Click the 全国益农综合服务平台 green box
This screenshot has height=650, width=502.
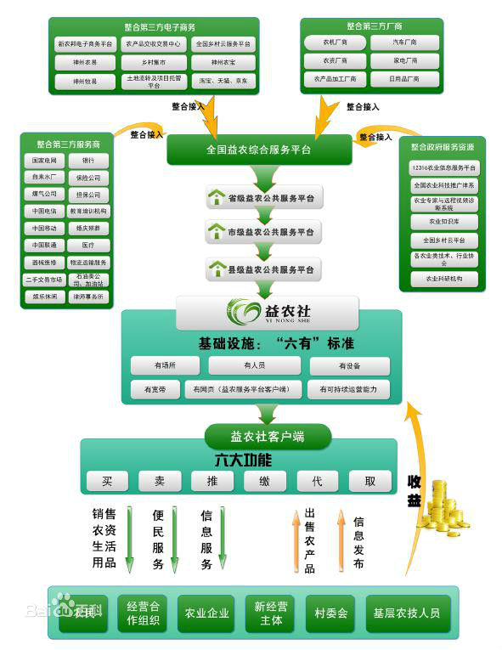pyautogui.click(x=258, y=150)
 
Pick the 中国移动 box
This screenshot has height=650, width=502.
pyautogui.click(x=44, y=229)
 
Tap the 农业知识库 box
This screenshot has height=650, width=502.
pyautogui.click(x=443, y=222)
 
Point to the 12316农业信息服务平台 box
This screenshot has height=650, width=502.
pyautogui.click(x=443, y=167)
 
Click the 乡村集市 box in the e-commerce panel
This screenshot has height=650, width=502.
pyautogui.click(x=153, y=62)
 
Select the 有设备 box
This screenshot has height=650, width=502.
pyautogui.click(x=348, y=365)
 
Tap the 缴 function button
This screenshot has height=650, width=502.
pyautogui.click(x=264, y=481)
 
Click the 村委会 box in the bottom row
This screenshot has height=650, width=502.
pyautogui.click(x=330, y=613)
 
